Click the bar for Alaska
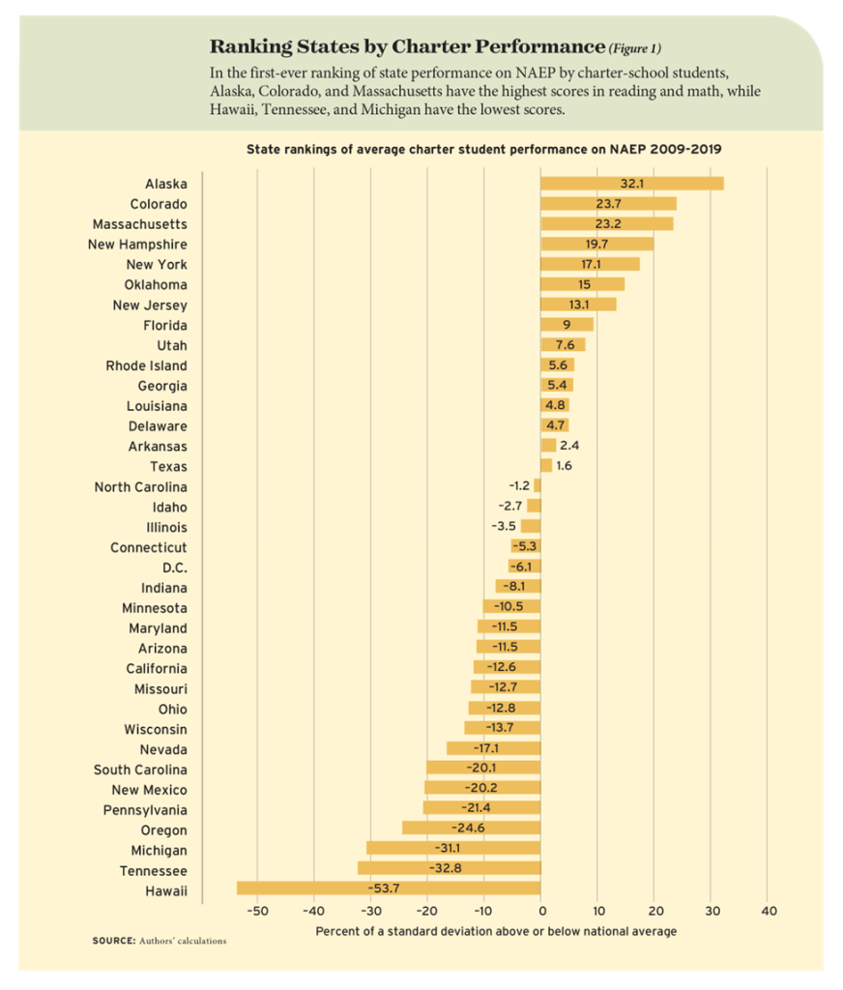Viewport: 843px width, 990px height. click(x=631, y=184)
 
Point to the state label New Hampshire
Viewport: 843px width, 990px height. click(x=137, y=245)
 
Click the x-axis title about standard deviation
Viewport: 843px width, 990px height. click(x=496, y=931)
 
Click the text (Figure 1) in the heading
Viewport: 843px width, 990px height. click(x=634, y=47)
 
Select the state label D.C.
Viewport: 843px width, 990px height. click(x=175, y=568)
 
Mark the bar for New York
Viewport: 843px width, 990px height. click(x=590, y=265)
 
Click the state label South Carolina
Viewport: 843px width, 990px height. click(x=140, y=770)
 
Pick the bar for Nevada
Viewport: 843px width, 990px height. click(x=493, y=749)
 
